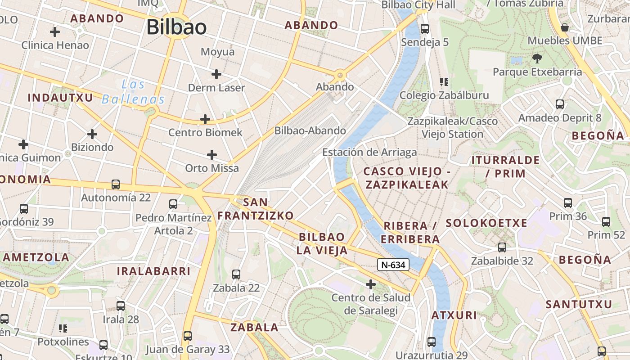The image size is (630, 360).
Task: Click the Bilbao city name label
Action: pyautogui.click(x=176, y=27)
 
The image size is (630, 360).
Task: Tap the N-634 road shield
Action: pyautogui.click(x=393, y=265)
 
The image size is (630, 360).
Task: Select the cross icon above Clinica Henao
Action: pyautogui.click(x=55, y=32)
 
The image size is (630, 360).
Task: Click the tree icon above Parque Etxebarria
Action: pyautogui.click(x=537, y=58)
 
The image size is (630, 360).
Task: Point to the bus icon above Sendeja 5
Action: pyautogui.click(x=425, y=29)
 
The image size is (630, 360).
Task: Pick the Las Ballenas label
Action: pyautogui.click(x=133, y=91)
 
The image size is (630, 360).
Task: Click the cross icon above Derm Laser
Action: pyautogui.click(x=216, y=74)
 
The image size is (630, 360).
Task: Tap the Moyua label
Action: pyautogui.click(x=217, y=52)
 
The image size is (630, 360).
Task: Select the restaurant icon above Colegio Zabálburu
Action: pyautogui.click(x=444, y=82)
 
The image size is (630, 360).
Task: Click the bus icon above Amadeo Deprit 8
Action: pyautogui.click(x=560, y=104)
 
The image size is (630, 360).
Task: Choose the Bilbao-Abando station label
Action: pyautogui.click(x=310, y=131)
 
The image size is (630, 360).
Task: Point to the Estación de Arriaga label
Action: pyautogui.click(x=369, y=153)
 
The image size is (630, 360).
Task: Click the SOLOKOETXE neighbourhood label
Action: pyautogui.click(x=486, y=223)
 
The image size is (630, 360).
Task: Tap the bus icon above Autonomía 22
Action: pyautogui.click(x=116, y=184)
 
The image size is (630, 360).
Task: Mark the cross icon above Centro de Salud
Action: pyautogui.click(x=371, y=284)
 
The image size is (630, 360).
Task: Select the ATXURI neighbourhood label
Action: pyautogui.click(x=454, y=315)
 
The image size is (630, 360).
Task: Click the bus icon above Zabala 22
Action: pyautogui.click(x=236, y=274)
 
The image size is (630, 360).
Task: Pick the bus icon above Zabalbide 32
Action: pyautogui.click(x=502, y=247)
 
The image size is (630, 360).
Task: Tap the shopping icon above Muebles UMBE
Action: pyautogui.click(x=565, y=27)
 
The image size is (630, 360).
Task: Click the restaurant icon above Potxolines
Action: pyautogui.click(x=63, y=328)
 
